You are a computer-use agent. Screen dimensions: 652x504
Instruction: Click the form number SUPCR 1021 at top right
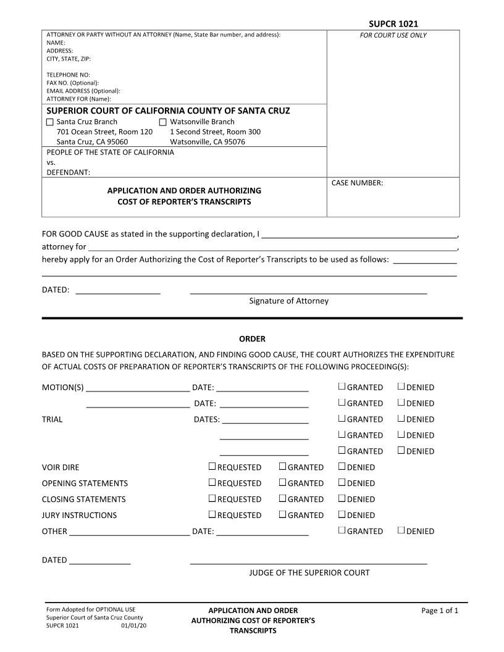[x=393, y=23]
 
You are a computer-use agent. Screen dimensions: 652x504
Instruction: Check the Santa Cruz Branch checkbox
[x=50, y=122]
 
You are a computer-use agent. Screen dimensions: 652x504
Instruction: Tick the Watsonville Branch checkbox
[x=164, y=122]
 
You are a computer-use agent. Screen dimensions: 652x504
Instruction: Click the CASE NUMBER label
[x=357, y=183]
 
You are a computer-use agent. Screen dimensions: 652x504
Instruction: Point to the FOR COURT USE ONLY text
[x=393, y=35]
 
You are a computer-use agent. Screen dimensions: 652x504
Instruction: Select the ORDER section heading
[x=252, y=339]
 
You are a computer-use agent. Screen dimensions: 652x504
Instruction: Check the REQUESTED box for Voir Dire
[x=212, y=467]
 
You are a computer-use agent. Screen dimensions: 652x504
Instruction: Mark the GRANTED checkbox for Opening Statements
[x=282, y=483]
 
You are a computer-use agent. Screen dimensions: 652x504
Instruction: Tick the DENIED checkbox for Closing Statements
[x=342, y=499]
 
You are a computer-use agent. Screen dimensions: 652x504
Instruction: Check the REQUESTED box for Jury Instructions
[x=212, y=515]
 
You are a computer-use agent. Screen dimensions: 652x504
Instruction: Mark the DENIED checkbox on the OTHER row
[x=401, y=530]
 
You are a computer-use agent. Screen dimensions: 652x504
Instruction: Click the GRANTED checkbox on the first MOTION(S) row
[x=342, y=387]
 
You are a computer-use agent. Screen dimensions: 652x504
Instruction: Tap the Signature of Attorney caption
[x=288, y=301]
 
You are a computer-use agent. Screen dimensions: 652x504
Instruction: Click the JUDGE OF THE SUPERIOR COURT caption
[x=309, y=573]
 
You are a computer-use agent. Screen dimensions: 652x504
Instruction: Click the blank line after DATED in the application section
[x=118, y=290]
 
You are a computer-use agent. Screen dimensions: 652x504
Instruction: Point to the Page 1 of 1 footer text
[x=440, y=611]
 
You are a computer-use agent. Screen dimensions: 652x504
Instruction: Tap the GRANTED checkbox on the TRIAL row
[x=342, y=419]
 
